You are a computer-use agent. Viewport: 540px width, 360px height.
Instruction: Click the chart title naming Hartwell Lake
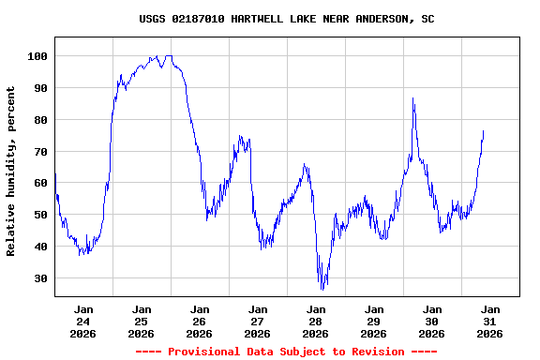286,19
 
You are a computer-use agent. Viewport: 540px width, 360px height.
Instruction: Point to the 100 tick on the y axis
37,56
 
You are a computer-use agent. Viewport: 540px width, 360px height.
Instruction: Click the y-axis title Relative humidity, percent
11,171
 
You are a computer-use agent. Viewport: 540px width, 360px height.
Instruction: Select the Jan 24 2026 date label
83,321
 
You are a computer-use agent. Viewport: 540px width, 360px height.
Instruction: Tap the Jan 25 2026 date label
142,321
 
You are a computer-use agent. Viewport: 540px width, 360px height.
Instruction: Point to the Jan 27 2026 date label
258,321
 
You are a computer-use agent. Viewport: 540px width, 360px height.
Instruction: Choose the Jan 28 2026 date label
316,321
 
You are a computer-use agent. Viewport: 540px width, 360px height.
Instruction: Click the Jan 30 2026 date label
432,321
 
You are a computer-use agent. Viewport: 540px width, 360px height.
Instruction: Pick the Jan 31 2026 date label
490,321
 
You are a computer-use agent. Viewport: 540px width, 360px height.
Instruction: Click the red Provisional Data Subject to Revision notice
286,352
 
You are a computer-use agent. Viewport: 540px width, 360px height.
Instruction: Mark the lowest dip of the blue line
322,289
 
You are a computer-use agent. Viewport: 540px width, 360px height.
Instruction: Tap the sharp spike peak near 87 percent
412,97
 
